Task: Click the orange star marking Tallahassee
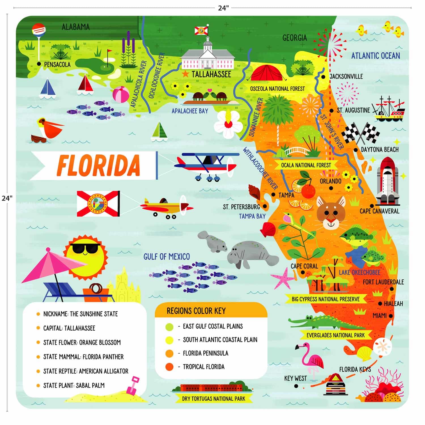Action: (x=185, y=74)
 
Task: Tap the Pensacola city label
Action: (x=57, y=65)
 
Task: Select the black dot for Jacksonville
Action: (x=323, y=77)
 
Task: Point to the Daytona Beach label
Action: (x=380, y=149)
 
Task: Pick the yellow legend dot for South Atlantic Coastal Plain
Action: (x=169, y=340)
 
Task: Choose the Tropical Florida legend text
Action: (x=203, y=367)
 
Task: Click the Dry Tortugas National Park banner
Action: (x=213, y=399)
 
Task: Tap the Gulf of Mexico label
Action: (x=167, y=257)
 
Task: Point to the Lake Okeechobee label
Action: (x=359, y=273)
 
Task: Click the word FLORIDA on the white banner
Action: (x=98, y=165)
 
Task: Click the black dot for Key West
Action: (x=296, y=386)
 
